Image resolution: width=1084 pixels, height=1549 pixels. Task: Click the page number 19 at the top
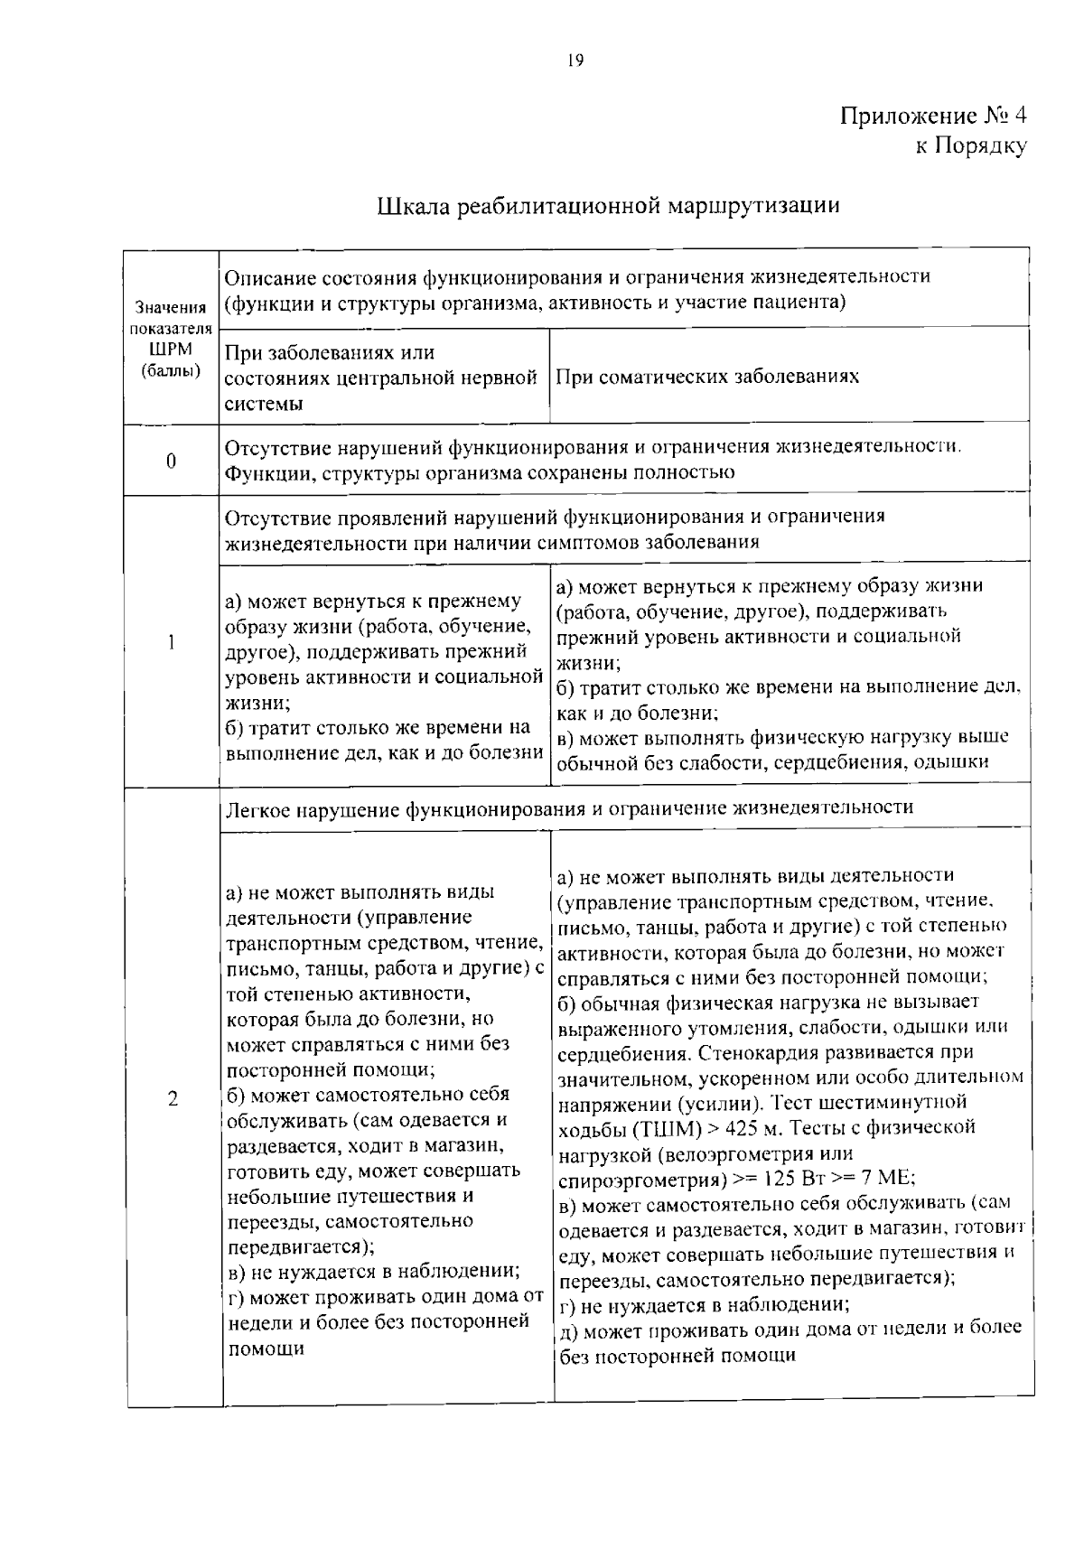point(575,61)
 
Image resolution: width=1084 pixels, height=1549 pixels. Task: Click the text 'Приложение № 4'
point(933,116)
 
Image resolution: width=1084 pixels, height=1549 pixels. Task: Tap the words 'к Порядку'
point(971,145)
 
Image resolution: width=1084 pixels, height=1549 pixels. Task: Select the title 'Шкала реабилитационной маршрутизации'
point(608,206)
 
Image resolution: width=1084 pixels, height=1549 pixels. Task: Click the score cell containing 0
point(171,461)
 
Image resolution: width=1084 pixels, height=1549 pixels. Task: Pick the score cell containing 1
point(171,642)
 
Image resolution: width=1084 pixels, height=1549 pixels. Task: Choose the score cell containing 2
point(172,1099)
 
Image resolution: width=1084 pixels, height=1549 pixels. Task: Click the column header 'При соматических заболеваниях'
point(707,377)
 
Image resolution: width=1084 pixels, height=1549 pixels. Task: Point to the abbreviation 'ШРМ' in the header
point(170,350)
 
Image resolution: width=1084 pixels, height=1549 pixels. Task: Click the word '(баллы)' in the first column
point(171,370)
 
